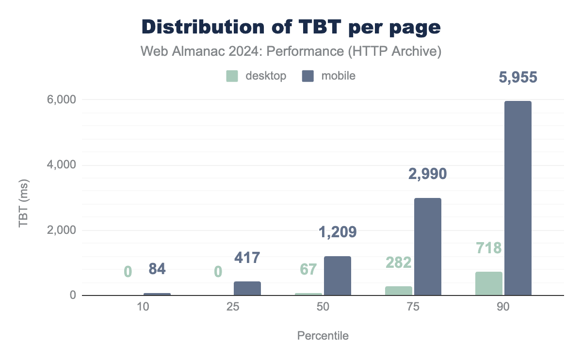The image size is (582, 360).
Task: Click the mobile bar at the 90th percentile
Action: tap(517, 198)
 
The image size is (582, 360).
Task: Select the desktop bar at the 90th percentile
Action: tap(488, 283)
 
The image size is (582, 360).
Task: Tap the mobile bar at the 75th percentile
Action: tap(427, 246)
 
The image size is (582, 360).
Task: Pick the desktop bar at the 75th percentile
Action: tap(398, 290)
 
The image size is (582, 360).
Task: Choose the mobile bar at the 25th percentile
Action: tap(247, 288)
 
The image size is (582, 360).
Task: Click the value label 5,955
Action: tap(517, 78)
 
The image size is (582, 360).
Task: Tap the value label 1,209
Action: tap(337, 232)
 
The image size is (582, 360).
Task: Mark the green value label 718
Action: tap(488, 248)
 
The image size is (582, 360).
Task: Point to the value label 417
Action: tap(247, 257)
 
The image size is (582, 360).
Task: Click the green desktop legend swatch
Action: tap(232, 76)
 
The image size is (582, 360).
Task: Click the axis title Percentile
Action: tap(323, 336)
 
